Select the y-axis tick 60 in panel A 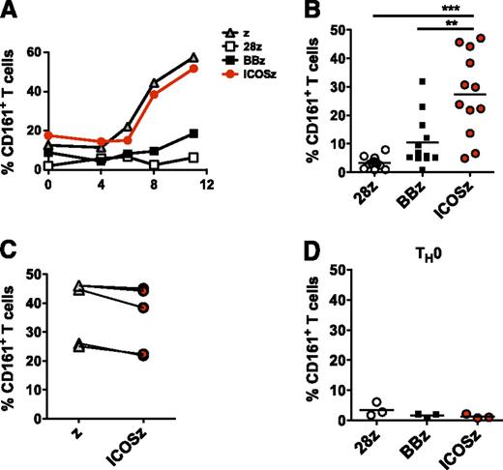(36, 51)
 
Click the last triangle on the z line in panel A (196, 58)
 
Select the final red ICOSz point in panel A (196, 69)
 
